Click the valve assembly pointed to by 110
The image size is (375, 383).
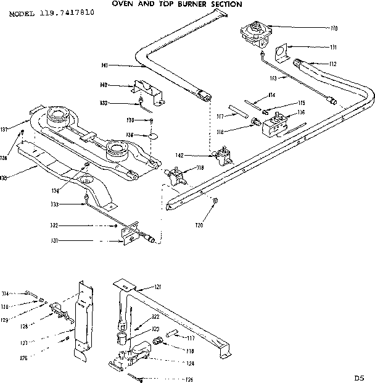tap(256, 33)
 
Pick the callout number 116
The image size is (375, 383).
tap(301, 112)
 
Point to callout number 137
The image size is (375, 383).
tap(20, 129)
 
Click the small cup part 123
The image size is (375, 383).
tap(121, 337)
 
